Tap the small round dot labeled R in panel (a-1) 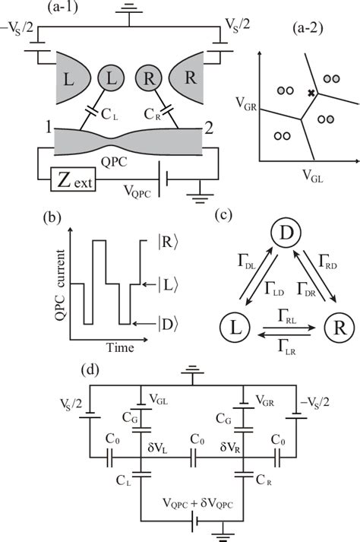[x=150, y=79]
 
